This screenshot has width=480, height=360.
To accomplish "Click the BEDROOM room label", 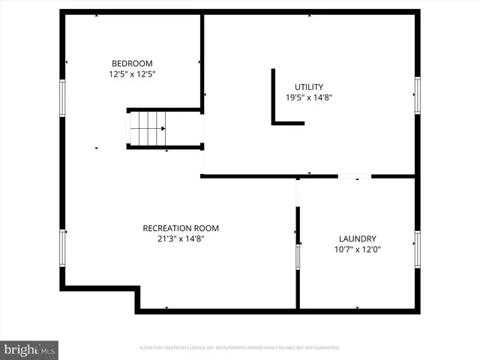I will click(x=132, y=63).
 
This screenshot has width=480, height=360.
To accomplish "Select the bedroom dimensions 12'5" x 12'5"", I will click(x=132, y=74).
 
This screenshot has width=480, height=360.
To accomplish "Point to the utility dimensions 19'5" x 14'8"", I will click(x=308, y=97).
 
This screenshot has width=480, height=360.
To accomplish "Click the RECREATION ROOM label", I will click(x=181, y=228).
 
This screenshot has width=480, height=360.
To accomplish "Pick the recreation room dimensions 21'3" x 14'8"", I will click(x=181, y=239).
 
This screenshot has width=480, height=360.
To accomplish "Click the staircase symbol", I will click(x=147, y=128).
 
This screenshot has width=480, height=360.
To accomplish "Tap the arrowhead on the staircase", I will click(x=163, y=128).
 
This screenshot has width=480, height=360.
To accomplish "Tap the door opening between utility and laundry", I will click(x=354, y=176).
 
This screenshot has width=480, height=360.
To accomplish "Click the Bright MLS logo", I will click(x=30, y=349).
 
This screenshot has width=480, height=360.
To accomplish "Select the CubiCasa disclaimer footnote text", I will click(x=240, y=348).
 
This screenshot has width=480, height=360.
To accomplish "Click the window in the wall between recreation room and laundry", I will click(x=298, y=256).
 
